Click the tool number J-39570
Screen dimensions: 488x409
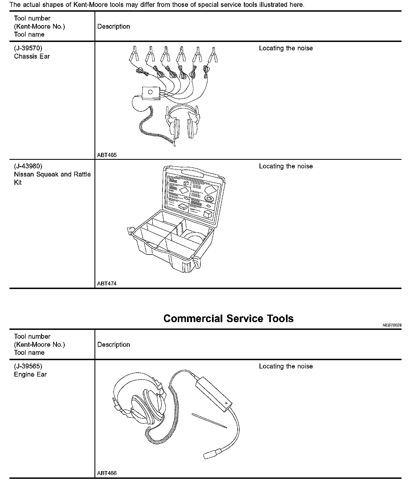[x=28, y=48]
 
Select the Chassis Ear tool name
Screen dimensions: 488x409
[x=32, y=56]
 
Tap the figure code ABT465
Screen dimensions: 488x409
[x=107, y=155]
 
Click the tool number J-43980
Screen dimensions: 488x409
[x=28, y=166]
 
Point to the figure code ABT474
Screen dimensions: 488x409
[x=107, y=284]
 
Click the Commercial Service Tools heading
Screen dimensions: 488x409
[x=228, y=318]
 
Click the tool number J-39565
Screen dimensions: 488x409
[x=28, y=366]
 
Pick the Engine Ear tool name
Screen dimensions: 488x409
[x=30, y=374]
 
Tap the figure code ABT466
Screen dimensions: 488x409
[x=107, y=473]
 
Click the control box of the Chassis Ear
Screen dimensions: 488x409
[x=151, y=93]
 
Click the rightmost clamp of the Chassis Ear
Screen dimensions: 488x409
[x=213, y=54]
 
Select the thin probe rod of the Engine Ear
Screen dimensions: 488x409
[x=209, y=421]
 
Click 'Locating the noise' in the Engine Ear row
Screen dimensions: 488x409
[x=286, y=366]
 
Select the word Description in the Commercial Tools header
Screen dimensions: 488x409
[x=114, y=345]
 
